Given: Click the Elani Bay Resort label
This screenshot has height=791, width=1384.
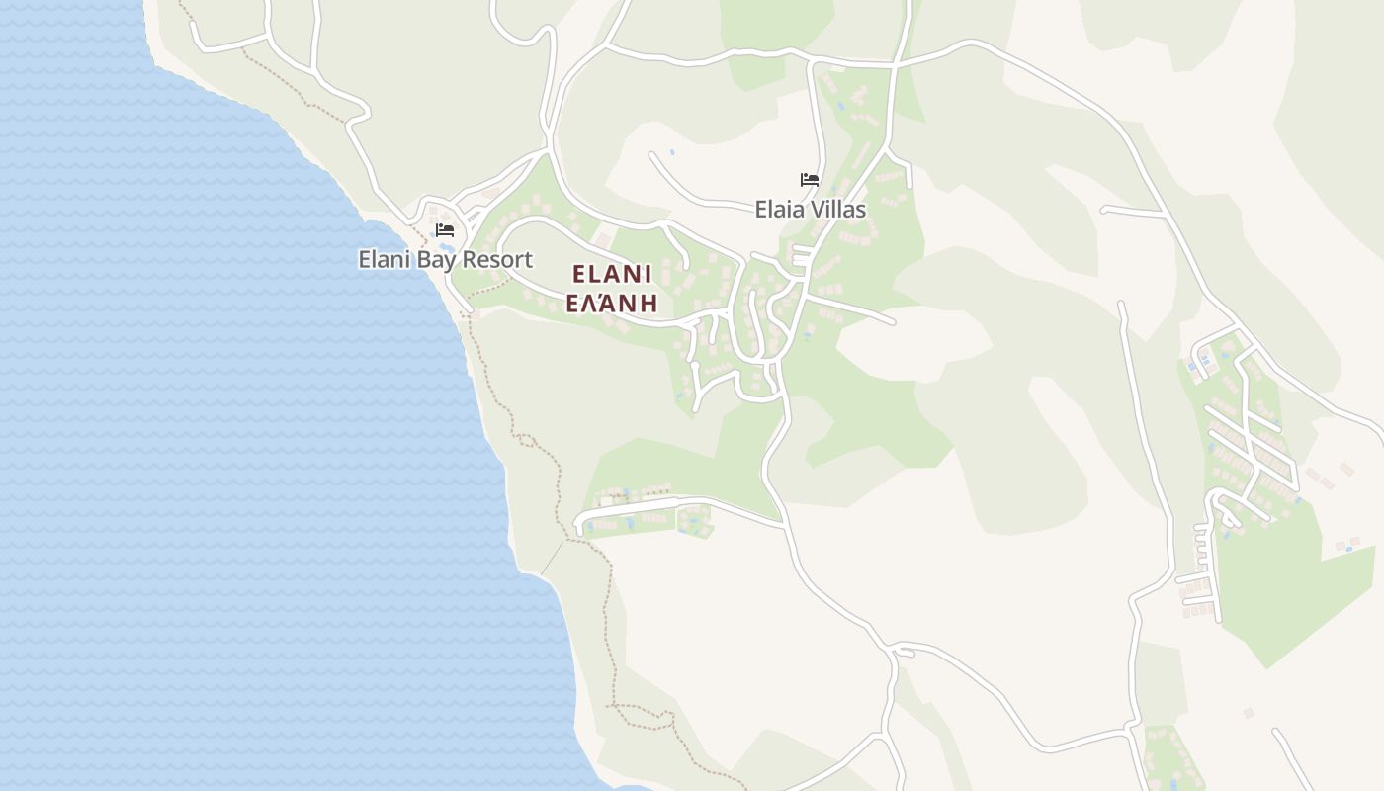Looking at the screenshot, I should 445,260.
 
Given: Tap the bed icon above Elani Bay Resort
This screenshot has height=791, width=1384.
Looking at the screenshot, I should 445,230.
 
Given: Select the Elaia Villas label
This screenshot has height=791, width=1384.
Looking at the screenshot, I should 810,210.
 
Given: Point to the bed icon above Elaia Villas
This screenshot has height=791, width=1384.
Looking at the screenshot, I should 810,180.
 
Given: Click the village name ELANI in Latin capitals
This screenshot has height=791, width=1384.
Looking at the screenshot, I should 612,274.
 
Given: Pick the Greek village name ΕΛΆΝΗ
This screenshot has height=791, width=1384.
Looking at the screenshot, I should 612,303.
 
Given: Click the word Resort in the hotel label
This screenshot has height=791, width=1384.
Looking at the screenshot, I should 497,260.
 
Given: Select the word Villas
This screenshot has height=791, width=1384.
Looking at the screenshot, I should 839,210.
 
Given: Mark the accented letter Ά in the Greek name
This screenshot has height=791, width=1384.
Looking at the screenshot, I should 610,303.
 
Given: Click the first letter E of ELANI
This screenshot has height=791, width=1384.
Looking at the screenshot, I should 579,274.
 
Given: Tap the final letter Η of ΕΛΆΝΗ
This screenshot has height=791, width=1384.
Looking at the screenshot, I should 649,303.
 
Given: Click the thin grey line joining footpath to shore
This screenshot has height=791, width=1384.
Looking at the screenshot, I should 553,558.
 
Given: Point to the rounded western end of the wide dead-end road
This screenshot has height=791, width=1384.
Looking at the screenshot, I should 578,524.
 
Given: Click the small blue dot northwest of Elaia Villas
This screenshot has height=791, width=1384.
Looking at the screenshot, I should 672,152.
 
